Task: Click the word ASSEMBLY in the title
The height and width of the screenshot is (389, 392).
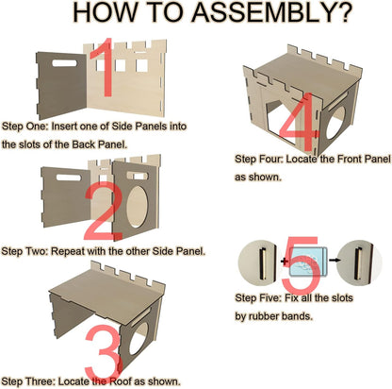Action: (271, 13)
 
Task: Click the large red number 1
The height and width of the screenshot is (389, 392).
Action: (103, 67)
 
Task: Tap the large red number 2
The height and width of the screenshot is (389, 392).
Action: (104, 211)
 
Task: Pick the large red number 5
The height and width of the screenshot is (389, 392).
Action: (300, 263)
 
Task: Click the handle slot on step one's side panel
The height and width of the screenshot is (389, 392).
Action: (64, 63)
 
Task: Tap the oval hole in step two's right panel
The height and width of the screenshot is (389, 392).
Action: (137, 207)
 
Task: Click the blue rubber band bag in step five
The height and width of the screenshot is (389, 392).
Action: (308, 262)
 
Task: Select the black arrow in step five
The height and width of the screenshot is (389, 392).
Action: (335, 260)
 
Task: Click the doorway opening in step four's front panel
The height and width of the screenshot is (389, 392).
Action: (281, 124)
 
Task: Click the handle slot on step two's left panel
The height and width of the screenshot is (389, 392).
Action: (69, 178)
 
